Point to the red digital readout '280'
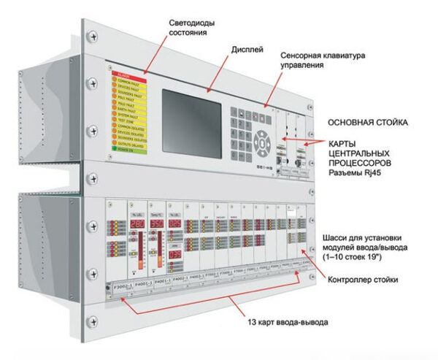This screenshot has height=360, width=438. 137,223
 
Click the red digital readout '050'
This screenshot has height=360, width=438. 157,223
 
